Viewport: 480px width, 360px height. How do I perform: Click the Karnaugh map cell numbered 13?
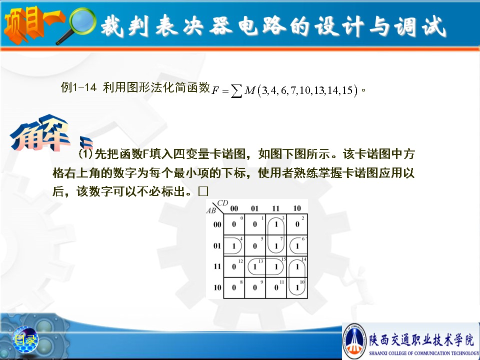point(255,266)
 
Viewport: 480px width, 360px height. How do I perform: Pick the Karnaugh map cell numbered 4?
point(234,245)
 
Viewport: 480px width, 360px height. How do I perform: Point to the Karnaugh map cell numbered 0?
point(234,224)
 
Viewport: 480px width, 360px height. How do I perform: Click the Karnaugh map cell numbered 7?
point(276,245)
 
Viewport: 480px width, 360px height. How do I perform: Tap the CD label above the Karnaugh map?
point(222,203)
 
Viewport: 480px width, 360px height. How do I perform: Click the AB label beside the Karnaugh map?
point(211,210)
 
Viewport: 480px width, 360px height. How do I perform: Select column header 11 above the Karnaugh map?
point(276,208)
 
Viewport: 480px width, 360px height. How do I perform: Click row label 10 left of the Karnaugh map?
point(217,287)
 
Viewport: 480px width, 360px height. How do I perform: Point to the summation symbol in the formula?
point(236,91)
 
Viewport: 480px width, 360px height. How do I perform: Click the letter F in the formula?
point(215,90)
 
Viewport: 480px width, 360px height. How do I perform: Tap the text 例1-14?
point(78,87)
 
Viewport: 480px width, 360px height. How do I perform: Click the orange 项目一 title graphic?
point(33,24)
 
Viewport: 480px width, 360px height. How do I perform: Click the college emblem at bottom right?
point(354,340)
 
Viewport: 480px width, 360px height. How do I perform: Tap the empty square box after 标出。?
point(203,191)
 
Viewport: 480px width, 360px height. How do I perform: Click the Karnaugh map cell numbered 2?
point(297,224)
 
